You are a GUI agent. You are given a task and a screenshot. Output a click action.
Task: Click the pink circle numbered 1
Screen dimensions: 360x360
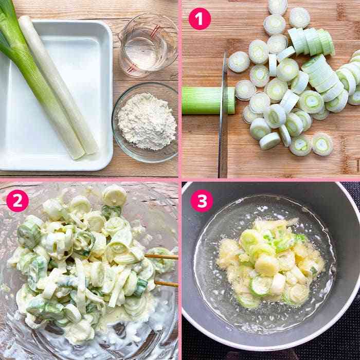[x=200, y=19]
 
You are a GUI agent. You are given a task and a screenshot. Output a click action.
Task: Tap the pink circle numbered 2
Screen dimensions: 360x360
[x=17, y=201]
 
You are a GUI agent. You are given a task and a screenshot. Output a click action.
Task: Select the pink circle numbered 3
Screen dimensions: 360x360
[x=202, y=201]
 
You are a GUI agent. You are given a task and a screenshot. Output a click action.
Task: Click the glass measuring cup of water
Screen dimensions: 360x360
[x=148, y=46]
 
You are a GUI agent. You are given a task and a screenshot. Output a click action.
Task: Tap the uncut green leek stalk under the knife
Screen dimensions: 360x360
[x=208, y=100]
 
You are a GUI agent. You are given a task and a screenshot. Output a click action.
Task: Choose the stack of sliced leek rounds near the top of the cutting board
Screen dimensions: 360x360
[x=311, y=41]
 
